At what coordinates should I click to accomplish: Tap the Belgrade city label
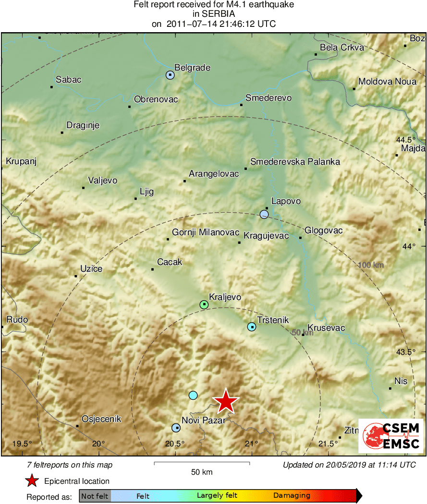(192, 68)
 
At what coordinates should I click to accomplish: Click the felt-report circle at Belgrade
(170, 75)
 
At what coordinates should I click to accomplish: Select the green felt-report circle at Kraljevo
(204, 304)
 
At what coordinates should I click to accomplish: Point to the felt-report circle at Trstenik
(252, 327)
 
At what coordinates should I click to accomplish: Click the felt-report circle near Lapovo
(264, 214)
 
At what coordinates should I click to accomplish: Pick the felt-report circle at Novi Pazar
(176, 427)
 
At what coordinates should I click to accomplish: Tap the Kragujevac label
(266, 236)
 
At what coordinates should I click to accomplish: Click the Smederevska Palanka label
(295, 162)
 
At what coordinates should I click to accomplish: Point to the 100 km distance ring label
(371, 264)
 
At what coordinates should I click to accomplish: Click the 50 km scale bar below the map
(202, 463)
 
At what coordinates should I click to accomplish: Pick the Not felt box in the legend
(95, 496)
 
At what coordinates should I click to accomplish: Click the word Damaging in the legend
(292, 496)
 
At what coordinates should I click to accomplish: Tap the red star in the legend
(32, 480)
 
